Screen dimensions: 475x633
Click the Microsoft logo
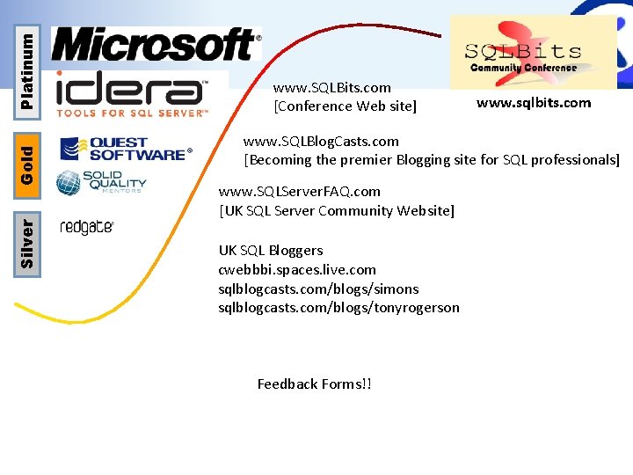156,44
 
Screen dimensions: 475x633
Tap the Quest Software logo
125,149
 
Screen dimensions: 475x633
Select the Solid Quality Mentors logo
101,182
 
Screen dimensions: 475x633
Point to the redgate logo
86,227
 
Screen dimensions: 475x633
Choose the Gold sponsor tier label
28,158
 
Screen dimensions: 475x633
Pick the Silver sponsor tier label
28,243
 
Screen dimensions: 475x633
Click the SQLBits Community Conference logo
533,53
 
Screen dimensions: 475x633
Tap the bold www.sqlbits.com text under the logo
534,103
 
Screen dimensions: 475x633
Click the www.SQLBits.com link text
332,88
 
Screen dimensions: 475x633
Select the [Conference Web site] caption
346,106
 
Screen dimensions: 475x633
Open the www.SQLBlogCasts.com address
321,141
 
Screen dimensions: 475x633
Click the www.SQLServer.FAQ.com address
300,191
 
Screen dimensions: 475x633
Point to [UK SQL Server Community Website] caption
337,210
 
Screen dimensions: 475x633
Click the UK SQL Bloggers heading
271,250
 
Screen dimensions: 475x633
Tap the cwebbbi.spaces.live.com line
297,269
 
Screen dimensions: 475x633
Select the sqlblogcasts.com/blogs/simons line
318,289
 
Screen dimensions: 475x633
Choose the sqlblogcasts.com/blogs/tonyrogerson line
338,308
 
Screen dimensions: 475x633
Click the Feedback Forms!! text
314,384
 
